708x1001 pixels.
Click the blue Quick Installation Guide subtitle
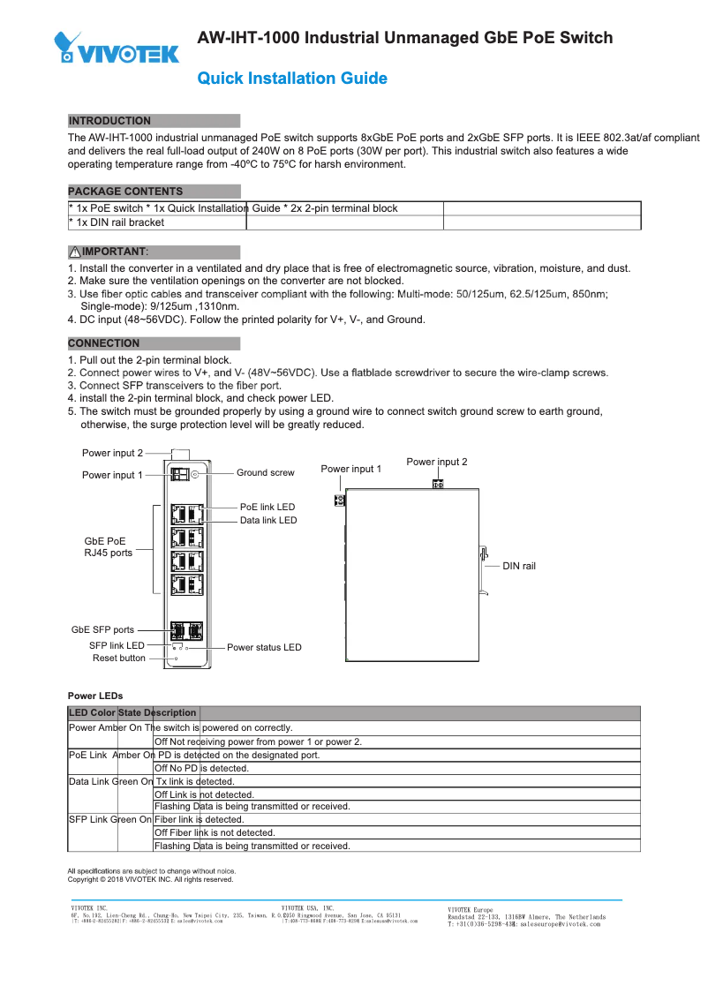click(x=292, y=79)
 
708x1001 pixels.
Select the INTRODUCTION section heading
click(x=109, y=121)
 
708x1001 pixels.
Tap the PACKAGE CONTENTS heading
click(x=125, y=192)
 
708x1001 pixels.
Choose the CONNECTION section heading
click(x=104, y=343)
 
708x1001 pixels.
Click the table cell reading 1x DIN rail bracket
click(x=117, y=222)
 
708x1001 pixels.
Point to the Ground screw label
click(x=265, y=473)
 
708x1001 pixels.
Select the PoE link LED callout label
click(x=267, y=508)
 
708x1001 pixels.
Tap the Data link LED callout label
click(x=268, y=521)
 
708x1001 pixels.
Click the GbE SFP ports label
click(x=102, y=630)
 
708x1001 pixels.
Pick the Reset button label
click(x=119, y=659)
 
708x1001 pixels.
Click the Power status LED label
click(x=264, y=648)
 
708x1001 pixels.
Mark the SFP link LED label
click(x=117, y=646)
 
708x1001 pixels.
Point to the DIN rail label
click(x=519, y=566)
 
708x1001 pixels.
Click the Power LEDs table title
click(x=95, y=696)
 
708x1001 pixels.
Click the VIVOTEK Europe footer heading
click(x=471, y=909)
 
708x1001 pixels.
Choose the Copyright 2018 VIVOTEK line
click(x=150, y=880)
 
